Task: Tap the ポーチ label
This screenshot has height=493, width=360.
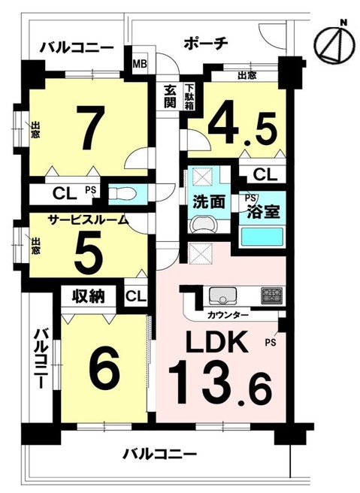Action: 204,44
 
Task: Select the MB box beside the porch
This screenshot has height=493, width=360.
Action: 140,63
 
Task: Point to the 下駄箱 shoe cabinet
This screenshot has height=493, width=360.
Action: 188,96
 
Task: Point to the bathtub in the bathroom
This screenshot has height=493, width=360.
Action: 261,237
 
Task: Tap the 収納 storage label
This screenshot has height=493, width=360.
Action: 88,295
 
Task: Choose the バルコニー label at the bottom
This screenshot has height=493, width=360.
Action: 159,455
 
